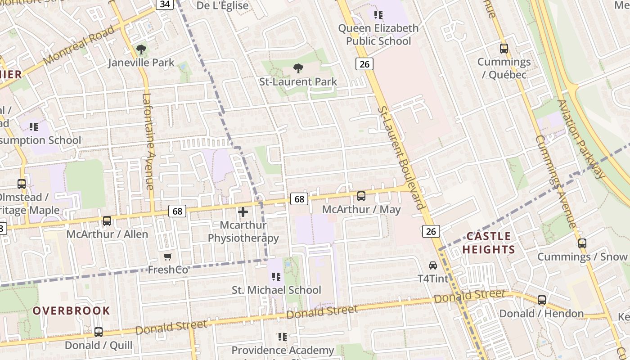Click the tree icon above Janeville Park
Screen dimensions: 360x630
tap(141, 49)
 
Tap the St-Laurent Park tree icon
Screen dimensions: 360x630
tap(298, 68)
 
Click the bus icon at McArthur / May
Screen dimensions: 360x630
tap(361, 196)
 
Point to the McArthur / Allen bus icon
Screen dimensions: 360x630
tap(107, 221)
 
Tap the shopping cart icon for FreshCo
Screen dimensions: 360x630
tap(168, 256)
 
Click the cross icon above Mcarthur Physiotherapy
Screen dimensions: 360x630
tap(243, 211)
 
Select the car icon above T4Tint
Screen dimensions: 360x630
tap(433, 265)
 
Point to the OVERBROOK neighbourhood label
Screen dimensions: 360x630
tap(71, 310)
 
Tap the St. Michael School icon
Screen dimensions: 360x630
tap(276, 276)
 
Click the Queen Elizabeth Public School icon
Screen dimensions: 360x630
tap(378, 15)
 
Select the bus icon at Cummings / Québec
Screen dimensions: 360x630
tap(504, 49)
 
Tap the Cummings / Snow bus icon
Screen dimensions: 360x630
tap(582, 243)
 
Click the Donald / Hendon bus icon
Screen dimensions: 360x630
tap(542, 300)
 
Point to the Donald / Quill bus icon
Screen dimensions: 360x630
tap(99, 332)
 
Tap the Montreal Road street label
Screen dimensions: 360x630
tap(79, 45)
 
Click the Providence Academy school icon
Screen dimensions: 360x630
tap(283, 337)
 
